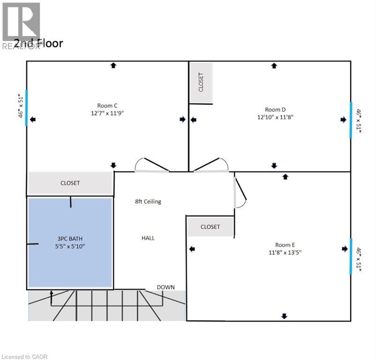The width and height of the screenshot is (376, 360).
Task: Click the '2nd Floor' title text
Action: (x=38, y=44)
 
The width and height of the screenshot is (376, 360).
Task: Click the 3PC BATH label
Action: (x=71, y=238)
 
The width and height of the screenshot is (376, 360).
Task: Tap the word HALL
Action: (x=148, y=238)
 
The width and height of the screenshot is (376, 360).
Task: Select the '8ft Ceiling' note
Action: (x=148, y=202)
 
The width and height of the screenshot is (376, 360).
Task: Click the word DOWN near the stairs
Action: (x=166, y=287)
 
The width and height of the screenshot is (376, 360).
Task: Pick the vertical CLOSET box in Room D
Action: (x=201, y=82)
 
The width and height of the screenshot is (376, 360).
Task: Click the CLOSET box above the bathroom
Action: (x=70, y=183)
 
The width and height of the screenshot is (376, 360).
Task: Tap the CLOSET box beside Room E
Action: (x=210, y=226)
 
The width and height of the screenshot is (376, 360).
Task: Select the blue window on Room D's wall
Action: (x=351, y=120)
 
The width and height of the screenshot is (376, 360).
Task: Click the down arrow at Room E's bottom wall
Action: (x=284, y=316)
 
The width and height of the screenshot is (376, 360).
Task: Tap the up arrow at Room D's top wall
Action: (x=274, y=66)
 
